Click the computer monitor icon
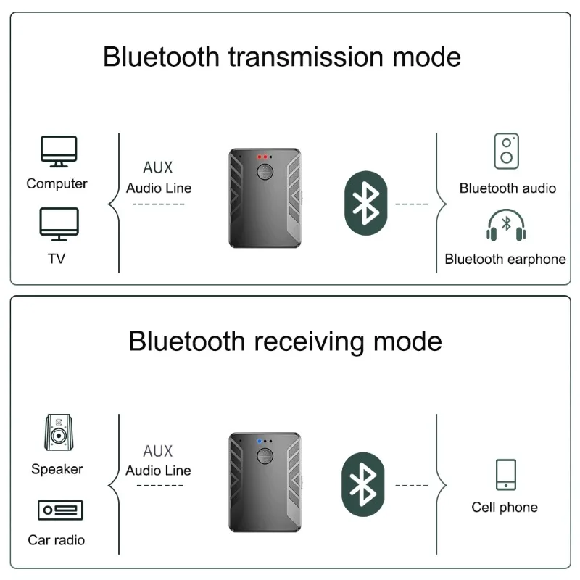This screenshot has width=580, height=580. click(x=59, y=152)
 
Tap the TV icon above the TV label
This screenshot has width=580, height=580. click(x=59, y=224)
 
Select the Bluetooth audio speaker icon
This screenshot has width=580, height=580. click(x=506, y=151)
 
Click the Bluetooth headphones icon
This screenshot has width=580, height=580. click(x=506, y=225)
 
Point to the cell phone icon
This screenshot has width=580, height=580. click(x=505, y=475)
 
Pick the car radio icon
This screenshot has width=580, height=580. click(x=60, y=510)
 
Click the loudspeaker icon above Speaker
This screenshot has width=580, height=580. click(x=59, y=432)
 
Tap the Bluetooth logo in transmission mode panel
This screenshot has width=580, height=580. click(x=366, y=203)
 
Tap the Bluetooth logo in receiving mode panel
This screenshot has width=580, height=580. click(x=363, y=484)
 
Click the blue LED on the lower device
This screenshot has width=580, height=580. click(x=260, y=441)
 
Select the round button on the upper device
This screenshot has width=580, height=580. click(x=265, y=172)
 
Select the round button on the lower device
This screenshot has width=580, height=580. click(x=265, y=456)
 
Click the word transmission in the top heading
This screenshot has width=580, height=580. click(x=306, y=57)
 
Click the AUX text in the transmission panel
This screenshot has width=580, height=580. click(x=158, y=167)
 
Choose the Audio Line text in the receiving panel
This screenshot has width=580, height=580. click(x=158, y=471)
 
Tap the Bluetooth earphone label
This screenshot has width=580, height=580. click(x=505, y=260)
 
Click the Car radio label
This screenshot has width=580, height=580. click(x=57, y=540)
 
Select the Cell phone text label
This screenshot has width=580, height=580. click(x=505, y=507)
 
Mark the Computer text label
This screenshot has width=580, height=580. click(x=57, y=184)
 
